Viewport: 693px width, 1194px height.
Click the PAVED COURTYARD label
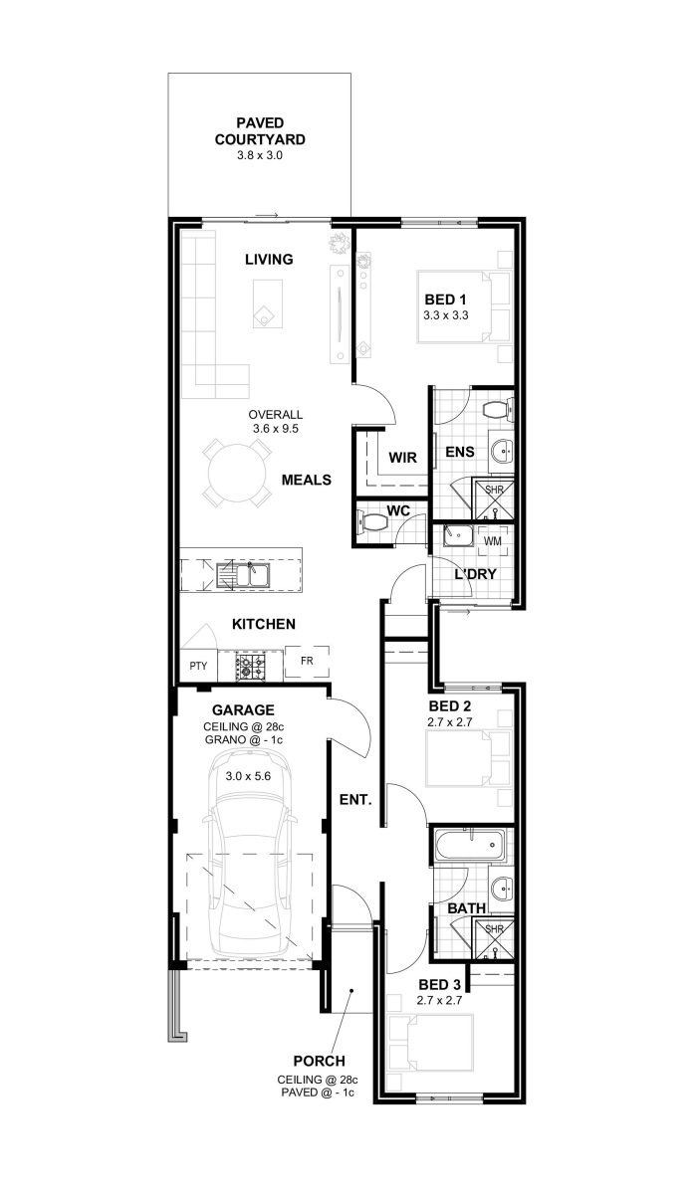(x=260, y=131)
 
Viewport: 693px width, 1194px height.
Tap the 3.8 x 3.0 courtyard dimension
(x=260, y=155)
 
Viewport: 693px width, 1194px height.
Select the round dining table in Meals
(x=237, y=474)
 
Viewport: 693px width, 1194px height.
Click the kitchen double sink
(x=243, y=576)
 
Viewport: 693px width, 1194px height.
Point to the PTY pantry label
(x=198, y=666)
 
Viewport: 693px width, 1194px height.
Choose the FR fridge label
(x=307, y=661)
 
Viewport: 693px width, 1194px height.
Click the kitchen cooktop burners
(x=251, y=667)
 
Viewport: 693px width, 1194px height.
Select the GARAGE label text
(x=243, y=710)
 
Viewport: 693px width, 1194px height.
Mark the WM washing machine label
(x=493, y=541)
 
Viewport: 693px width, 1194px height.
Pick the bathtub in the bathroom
(x=470, y=846)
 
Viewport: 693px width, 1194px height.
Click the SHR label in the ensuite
(x=494, y=490)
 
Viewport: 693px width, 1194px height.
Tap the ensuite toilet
(x=498, y=410)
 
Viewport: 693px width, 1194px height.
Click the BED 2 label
(x=450, y=706)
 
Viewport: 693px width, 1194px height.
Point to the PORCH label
(x=319, y=1061)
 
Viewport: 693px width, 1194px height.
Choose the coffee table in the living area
(x=267, y=303)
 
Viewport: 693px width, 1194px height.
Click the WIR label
(x=403, y=458)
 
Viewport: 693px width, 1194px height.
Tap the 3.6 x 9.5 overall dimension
(x=275, y=428)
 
